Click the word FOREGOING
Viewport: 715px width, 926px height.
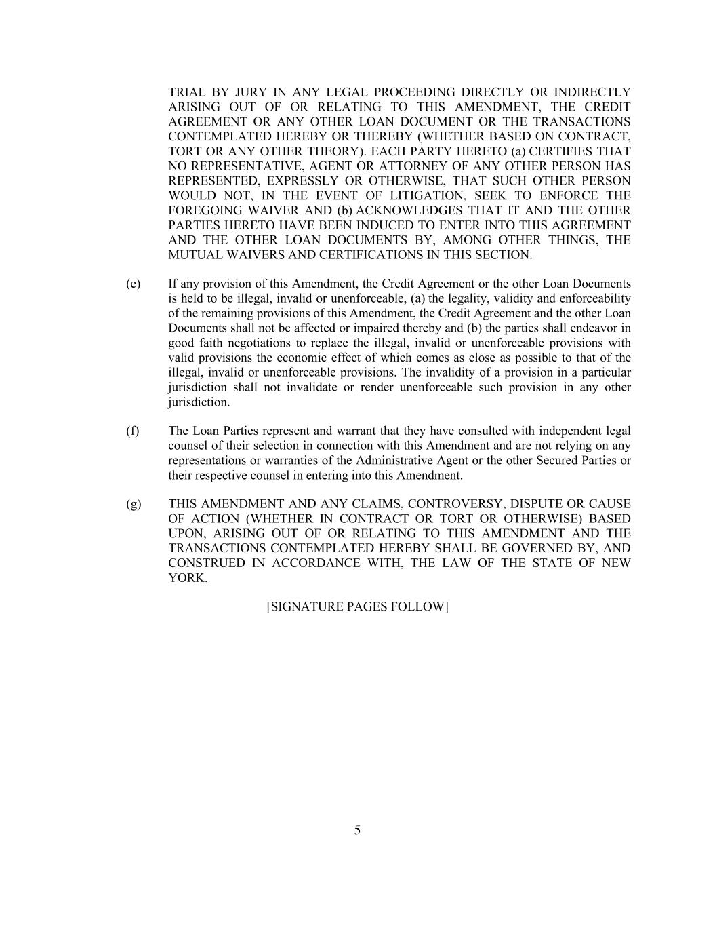tap(199, 211)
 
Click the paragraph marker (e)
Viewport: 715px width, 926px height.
tap(133, 284)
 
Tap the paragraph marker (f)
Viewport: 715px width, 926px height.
tap(132, 431)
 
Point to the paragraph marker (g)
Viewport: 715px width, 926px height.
tap(134, 504)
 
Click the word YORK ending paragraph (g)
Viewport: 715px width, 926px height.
tap(186, 578)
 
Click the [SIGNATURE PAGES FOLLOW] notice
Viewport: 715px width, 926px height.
tap(357, 606)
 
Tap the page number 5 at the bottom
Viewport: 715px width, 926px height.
tap(357, 830)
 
